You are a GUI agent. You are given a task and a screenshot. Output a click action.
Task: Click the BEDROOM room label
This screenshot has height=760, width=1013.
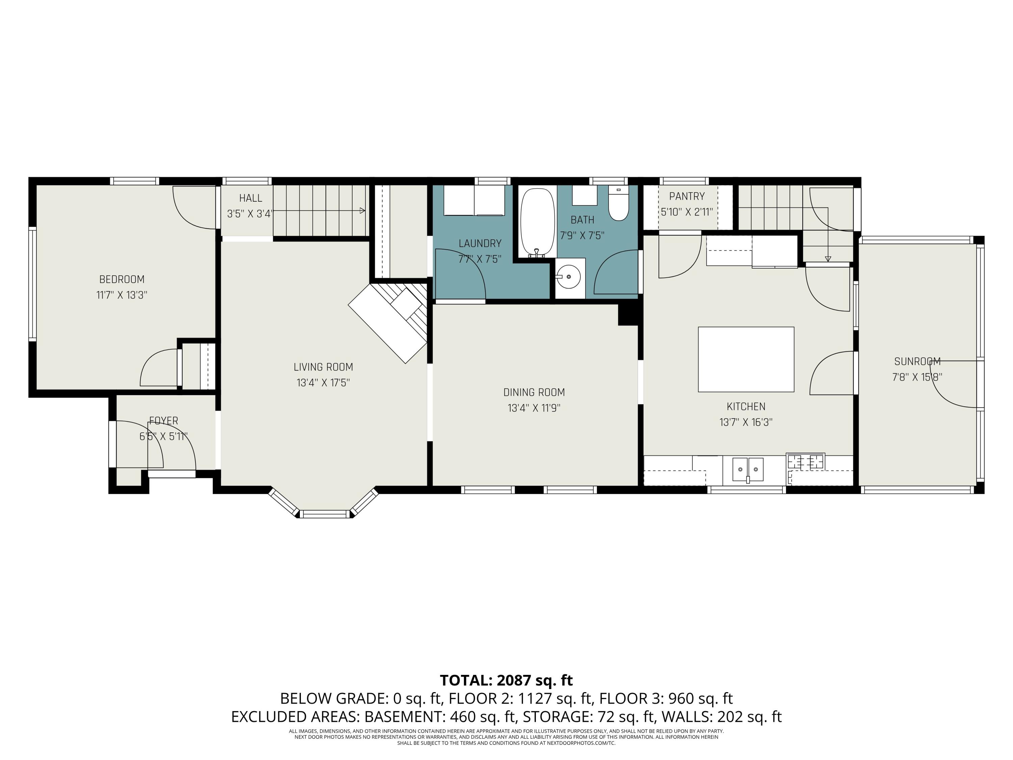pyautogui.click(x=122, y=279)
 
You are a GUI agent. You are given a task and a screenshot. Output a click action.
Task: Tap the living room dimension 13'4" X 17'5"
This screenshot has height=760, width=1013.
pyautogui.click(x=323, y=382)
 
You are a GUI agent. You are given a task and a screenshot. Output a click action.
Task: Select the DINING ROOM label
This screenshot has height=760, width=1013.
pyautogui.click(x=534, y=392)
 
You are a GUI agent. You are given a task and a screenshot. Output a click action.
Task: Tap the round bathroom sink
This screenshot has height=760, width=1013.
pyautogui.click(x=569, y=277)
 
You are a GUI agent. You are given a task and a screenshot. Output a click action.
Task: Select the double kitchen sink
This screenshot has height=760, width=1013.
pyautogui.click(x=748, y=469)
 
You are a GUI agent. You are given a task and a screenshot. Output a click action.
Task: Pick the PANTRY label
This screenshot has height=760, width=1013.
pyautogui.click(x=687, y=197)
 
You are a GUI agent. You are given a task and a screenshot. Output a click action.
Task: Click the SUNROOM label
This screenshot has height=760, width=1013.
pyautogui.click(x=917, y=361)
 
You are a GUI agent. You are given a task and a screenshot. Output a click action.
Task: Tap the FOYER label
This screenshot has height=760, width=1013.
pyautogui.click(x=163, y=421)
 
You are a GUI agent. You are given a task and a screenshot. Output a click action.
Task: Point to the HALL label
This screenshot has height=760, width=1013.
pyautogui.click(x=251, y=198)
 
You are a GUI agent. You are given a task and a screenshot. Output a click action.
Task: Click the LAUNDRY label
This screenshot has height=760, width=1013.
pyautogui.click(x=480, y=243)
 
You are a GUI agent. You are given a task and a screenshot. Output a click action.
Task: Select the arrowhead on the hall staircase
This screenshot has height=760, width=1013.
pyautogui.click(x=363, y=211)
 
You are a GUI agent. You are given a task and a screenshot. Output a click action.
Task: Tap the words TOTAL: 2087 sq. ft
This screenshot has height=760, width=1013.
pyautogui.click(x=506, y=680)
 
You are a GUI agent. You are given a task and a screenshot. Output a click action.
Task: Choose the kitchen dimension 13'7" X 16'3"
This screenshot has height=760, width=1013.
pyautogui.click(x=746, y=422)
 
